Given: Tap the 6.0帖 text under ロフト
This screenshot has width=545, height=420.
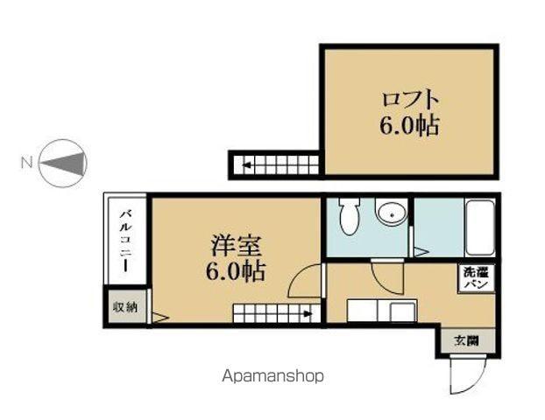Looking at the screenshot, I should click(409, 126).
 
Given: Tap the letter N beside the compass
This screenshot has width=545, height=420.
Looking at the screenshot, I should click(26, 162).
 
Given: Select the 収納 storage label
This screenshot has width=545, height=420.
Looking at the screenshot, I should click(125, 307).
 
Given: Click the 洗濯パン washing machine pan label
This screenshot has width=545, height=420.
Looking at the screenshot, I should click(477, 279).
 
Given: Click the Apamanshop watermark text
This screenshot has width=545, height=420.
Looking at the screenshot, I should click(272, 375).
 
